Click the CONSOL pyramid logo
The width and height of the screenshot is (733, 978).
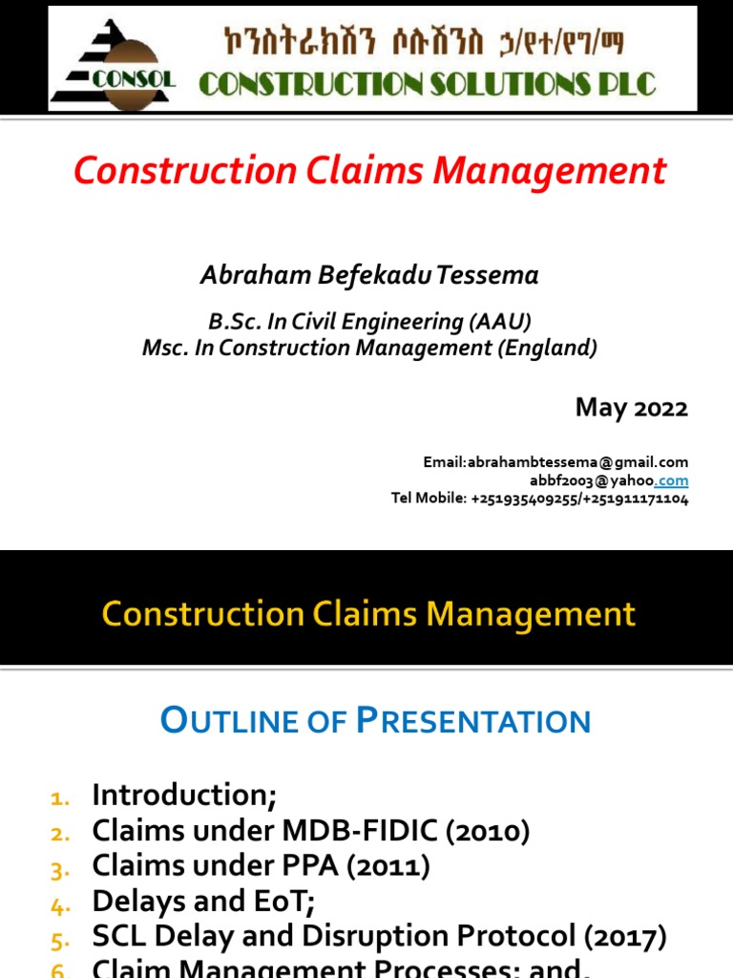click(x=113, y=59)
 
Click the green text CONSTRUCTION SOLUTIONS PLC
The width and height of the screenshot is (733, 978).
click(x=427, y=84)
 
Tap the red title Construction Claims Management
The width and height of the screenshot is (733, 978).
click(x=370, y=171)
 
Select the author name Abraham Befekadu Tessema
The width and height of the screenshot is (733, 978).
click(x=369, y=275)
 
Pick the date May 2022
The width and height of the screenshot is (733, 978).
click(x=631, y=408)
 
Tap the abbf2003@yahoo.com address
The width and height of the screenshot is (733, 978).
click(x=609, y=480)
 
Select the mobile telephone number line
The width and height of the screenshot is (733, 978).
click(x=539, y=499)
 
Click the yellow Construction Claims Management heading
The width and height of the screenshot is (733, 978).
click(x=368, y=613)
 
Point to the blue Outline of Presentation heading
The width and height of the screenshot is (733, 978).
click(x=376, y=720)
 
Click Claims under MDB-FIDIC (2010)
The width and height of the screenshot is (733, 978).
click(x=310, y=831)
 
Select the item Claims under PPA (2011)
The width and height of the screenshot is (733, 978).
click(x=261, y=866)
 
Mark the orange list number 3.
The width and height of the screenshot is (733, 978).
click(x=60, y=869)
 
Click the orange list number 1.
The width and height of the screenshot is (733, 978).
click(x=60, y=797)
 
